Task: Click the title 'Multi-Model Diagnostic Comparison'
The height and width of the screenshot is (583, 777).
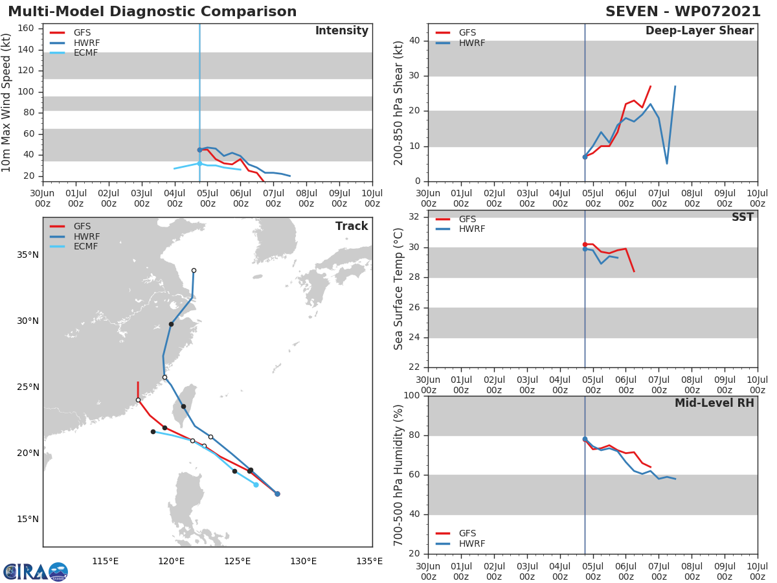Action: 152,12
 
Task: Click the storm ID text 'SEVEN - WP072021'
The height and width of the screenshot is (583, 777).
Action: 683,12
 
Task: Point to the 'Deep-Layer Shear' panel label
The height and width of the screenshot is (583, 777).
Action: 699,31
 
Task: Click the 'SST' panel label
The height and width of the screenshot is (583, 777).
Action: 742,218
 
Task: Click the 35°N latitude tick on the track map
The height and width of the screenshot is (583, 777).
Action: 28,255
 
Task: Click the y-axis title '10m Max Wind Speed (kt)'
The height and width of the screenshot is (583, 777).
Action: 7,102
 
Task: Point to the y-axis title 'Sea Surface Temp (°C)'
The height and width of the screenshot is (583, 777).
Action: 400,289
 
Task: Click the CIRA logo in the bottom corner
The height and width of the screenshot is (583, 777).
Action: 36,572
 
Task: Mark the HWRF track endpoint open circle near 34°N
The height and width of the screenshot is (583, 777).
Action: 194,270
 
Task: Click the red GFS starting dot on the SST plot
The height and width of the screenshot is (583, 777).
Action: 585,244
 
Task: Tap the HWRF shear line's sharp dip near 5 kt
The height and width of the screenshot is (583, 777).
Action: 667,163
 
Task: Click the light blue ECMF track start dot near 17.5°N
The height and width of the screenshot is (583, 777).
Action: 256,485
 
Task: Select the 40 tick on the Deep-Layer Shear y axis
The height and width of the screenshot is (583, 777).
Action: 416,41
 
